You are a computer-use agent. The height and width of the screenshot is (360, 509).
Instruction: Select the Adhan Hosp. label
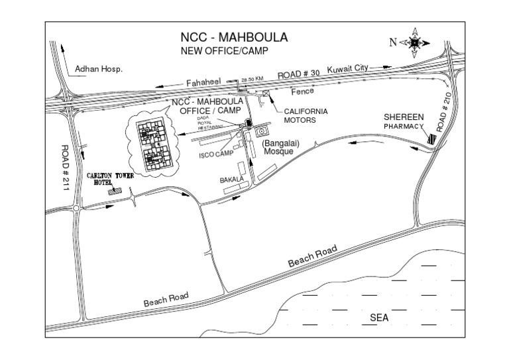click(99, 68)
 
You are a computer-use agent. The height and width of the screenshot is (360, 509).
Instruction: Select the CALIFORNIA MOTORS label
click(306, 116)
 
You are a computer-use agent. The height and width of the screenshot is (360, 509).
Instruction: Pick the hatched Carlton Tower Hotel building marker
click(117, 191)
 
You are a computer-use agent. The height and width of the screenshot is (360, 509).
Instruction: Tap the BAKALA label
click(233, 180)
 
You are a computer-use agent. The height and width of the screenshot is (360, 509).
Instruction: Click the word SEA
click(378, 318)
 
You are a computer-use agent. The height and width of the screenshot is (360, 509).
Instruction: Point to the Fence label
click(302, 90)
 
